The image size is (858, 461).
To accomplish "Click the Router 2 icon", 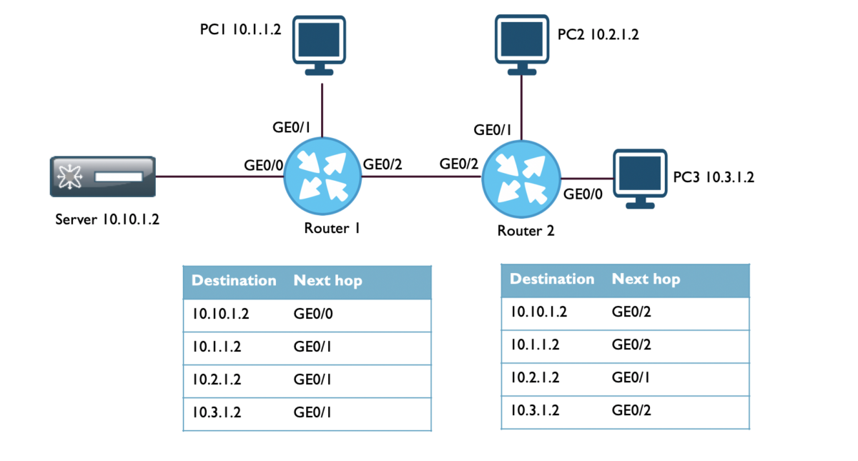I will tap(521, 178).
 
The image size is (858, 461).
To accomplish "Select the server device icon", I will tap(102, 176).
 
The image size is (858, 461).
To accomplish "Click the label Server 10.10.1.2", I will tap(107, 219).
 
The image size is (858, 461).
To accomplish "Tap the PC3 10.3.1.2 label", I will tap(714, 177).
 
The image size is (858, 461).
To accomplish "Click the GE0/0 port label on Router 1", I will tap(264, 165).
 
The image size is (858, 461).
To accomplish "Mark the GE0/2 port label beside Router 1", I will tap(383, 164).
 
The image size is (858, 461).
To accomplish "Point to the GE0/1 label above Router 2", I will tap(493, 129).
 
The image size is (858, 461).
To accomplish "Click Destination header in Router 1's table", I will tap(234, 281).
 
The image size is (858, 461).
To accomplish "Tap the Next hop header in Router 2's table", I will tap(646, 279).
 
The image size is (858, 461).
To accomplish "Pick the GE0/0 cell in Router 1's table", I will tap(312, 314).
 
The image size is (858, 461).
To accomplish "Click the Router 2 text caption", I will tap(526, 231).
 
